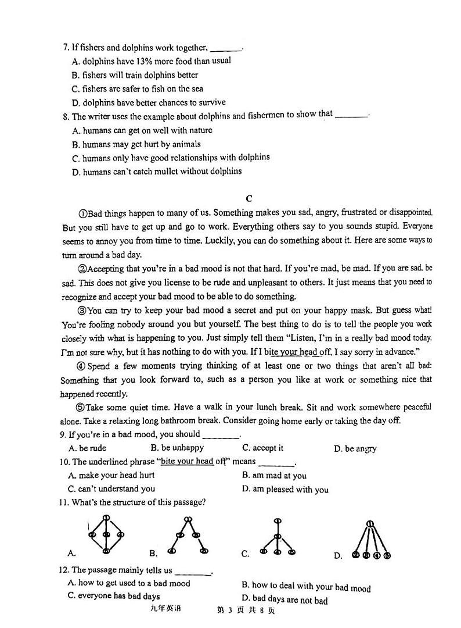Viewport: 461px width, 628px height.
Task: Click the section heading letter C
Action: [x=249, y=198]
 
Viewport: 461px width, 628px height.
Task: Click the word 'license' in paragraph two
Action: [x=163, y=282]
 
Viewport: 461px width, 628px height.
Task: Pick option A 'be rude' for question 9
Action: [x=87, y=448]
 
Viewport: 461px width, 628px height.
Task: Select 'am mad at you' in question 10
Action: [x=275, y=475]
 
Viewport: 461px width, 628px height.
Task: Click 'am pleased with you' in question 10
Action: [x=285, y=490]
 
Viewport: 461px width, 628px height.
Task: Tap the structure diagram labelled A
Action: [x=105, y=534]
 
